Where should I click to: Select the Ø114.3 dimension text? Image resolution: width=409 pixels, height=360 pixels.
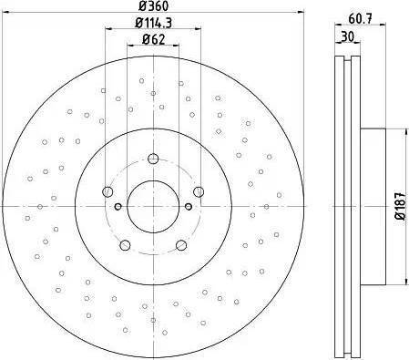[x=153, y=23]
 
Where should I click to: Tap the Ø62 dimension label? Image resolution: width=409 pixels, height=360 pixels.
[x=153, y=39]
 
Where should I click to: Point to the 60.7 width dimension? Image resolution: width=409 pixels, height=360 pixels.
[x=360, y=19]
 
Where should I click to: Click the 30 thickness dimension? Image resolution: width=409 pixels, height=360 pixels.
[x=347, y=37]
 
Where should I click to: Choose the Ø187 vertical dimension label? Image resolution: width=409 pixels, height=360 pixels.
[x=401, y=206]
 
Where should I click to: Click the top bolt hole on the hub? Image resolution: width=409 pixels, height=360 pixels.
[x=153, y=159]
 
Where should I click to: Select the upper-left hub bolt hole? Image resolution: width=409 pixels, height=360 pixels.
[x=107, y=191]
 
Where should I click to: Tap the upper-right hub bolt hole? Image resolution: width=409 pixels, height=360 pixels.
[x=199, y=191]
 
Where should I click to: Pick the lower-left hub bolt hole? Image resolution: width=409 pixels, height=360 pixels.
[x=125, y=245]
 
